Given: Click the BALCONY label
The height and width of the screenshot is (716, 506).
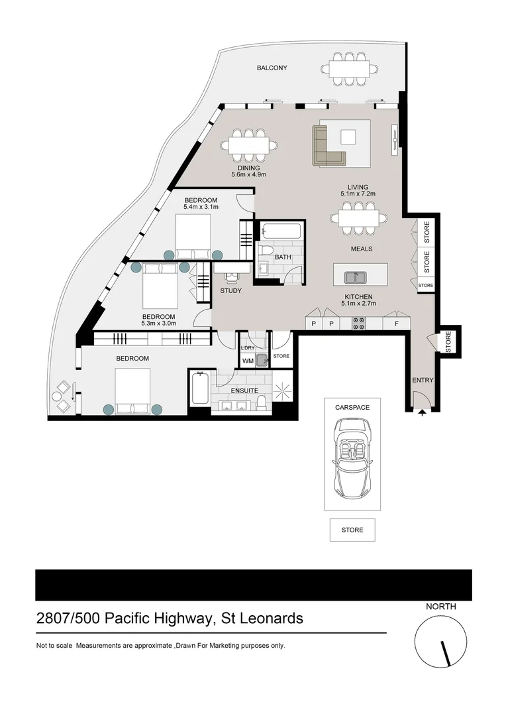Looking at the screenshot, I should click(x=272, y=68).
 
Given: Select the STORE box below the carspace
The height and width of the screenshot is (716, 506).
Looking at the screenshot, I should click(x=352, y=530).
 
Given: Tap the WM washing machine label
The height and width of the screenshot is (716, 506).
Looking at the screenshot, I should click(x=248, y=361).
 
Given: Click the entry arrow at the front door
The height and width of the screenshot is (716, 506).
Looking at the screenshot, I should click(x=422, y=412).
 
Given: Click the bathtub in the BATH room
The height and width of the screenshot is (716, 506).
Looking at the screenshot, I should click(x=281, y=232).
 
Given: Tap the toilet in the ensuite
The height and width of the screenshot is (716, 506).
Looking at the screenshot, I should click(x=262, y=403).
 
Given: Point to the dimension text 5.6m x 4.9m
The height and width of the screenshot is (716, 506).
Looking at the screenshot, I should click(x=248, y=175).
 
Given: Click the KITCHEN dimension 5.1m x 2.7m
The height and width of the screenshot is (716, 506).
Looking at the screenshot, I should click(x=358, y=304).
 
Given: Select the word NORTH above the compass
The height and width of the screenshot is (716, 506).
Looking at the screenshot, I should click(x=440, y=606).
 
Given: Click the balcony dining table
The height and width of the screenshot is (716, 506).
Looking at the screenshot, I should click(x=350, y=68).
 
